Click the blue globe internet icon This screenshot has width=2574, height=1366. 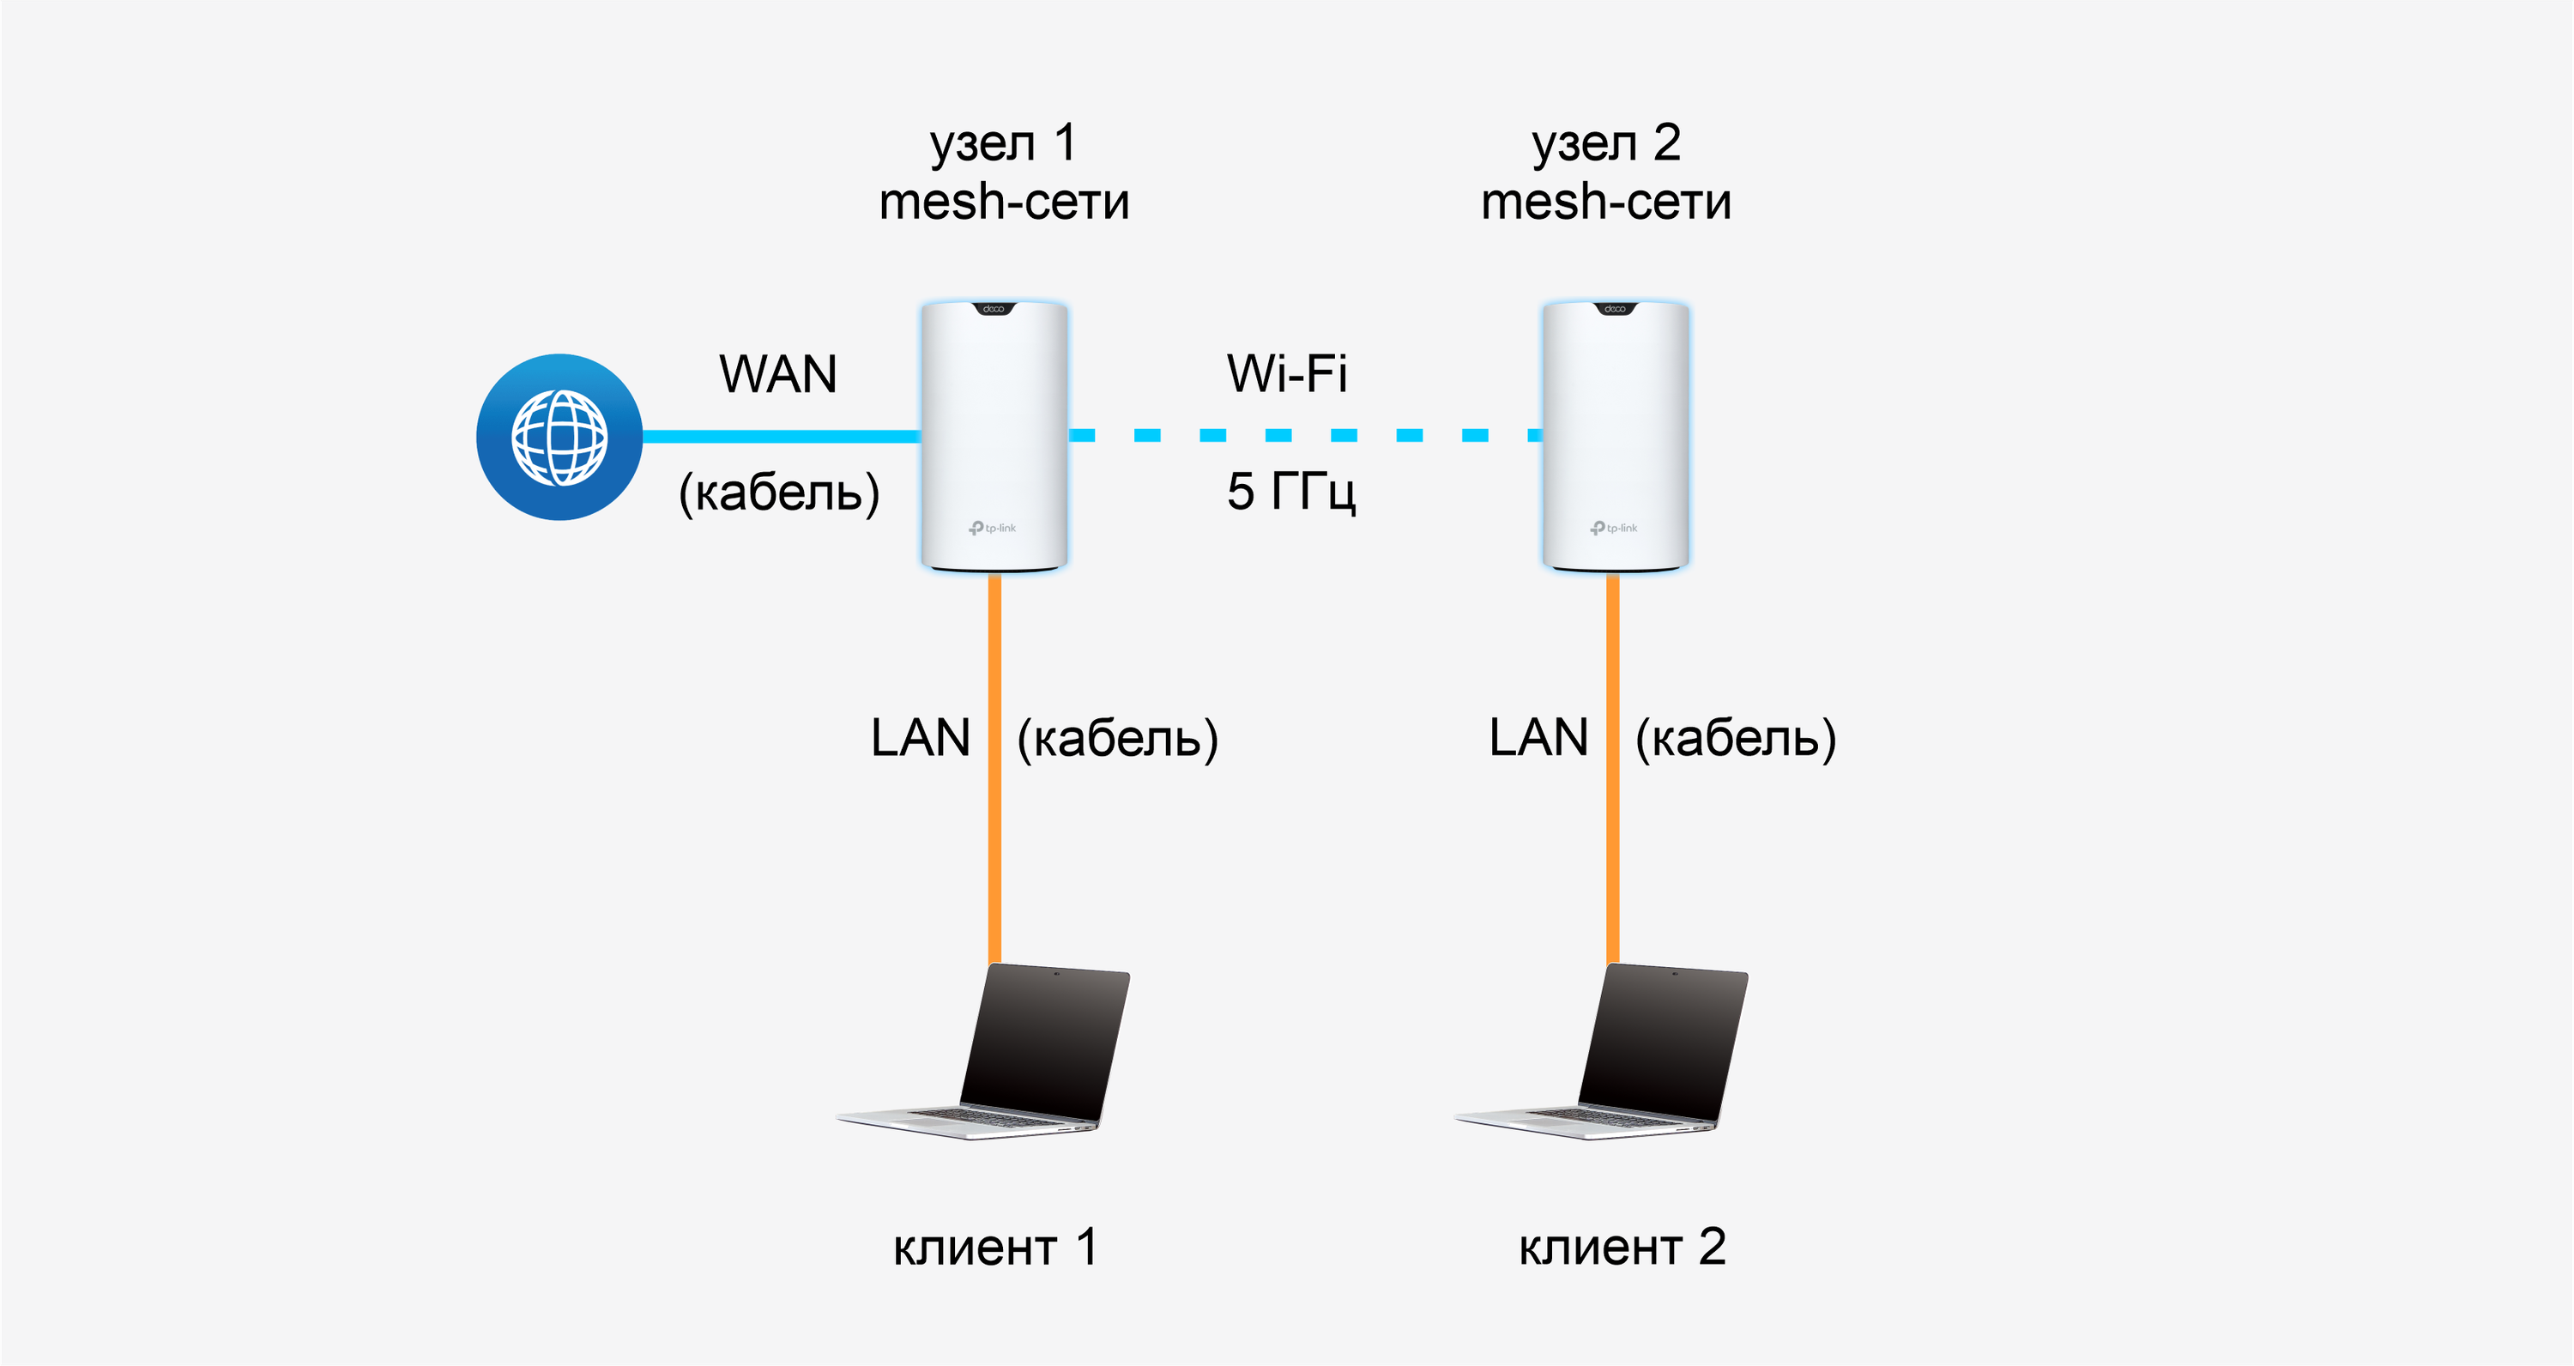coord(559,437)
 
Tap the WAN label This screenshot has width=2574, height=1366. coord(777,375)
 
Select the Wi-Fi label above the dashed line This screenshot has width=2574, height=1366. coord(1287,375)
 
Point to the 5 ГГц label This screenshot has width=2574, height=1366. coord(1291,492)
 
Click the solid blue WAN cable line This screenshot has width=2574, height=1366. coord(779,437)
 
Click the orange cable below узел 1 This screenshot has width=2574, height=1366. coord(994,770)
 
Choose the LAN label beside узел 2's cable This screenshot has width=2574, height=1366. coord(1538,739)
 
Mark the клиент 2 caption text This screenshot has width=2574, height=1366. coord(1622,1247)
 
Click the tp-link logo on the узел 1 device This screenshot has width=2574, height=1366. coord(992,528)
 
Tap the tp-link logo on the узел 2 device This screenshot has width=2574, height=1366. coord(1614,528)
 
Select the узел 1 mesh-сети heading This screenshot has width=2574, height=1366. coord(1004,172)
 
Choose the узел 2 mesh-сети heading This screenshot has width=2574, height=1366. coord(1606,172)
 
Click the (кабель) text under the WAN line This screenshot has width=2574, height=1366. coord(779,493)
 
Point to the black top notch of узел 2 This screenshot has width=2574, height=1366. coord(1615,309)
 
